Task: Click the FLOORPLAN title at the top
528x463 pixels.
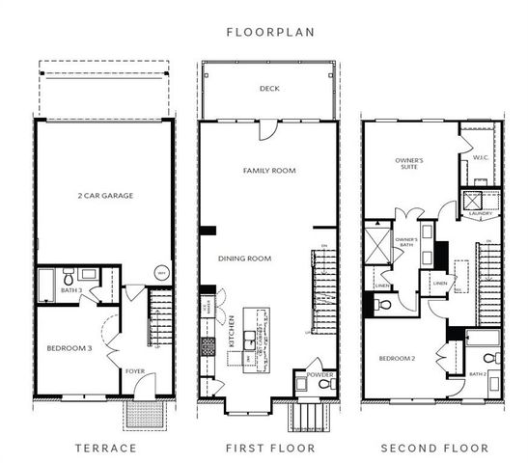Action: tap(264, 32)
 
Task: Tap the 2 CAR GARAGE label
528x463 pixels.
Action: tap(104, 196)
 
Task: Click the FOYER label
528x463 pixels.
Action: tap(135, 369)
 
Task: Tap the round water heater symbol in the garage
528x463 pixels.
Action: tap(161, 274)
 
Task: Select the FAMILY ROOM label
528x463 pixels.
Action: tap(268, 171)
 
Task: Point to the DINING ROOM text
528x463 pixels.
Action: tap(244, 259)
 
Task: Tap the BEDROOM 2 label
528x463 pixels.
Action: tap(398, 358)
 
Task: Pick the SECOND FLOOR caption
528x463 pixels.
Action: tap(433, 449)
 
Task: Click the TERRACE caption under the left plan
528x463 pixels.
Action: tap(105, 449)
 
